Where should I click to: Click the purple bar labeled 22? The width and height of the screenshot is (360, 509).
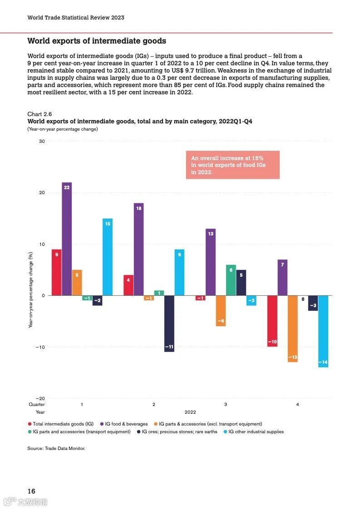click(67, 239)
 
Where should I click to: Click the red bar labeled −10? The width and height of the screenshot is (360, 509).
click(272, 321)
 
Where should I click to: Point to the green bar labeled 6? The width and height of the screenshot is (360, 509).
click(231, 280)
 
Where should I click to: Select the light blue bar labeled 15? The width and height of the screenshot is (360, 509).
click(108, 257)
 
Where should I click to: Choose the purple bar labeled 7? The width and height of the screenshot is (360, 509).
click(282, 278)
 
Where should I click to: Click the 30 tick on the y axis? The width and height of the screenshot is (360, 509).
click(42, 142)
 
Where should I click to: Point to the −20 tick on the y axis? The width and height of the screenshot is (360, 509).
click(40, 398)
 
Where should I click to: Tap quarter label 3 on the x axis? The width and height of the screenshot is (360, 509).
click(226, 404)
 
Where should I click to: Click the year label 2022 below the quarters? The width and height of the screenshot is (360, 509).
click(190, 412)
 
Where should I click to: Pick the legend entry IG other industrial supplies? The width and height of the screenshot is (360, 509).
click(256, 431)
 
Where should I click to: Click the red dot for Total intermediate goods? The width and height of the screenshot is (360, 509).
click(30, 424)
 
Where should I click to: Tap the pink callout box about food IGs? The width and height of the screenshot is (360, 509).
click(232, 165)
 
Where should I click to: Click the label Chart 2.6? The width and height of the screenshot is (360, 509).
click(36, 114)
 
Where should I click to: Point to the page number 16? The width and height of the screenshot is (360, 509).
click(31, 491)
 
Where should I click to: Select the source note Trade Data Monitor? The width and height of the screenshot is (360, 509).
click(56, 448)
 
